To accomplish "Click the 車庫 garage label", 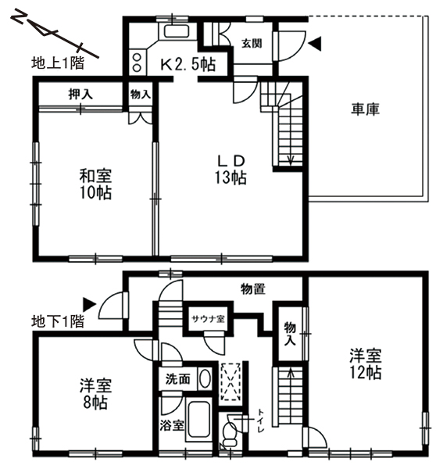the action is [x=365, y=109].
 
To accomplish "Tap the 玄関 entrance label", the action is [x=252, y=44].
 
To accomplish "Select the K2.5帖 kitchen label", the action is [x=188, y=64].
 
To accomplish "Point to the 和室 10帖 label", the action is [x=95, y=184].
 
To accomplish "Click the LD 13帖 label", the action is [x=230, y=170].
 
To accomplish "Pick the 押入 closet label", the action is [x=80, y=95].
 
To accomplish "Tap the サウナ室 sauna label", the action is [x=208, y=319].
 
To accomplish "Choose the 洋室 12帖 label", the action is [x=366, y=364].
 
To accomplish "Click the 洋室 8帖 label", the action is [x=95, y=394].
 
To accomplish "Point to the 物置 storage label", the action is [x=253, y=289].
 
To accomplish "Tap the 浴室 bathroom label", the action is [x=172, y=425].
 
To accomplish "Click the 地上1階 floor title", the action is [x=58, y=63].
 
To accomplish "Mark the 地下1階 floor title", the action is [x=58, y=321].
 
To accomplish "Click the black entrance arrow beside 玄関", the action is [x=315, y=44].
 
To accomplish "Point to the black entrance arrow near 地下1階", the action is [x=89, y=305].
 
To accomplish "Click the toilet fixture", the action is [x=230, y=432].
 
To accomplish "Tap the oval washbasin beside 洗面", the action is [x=205, y=379].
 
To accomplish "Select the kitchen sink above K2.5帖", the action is [x=177, y=31].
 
